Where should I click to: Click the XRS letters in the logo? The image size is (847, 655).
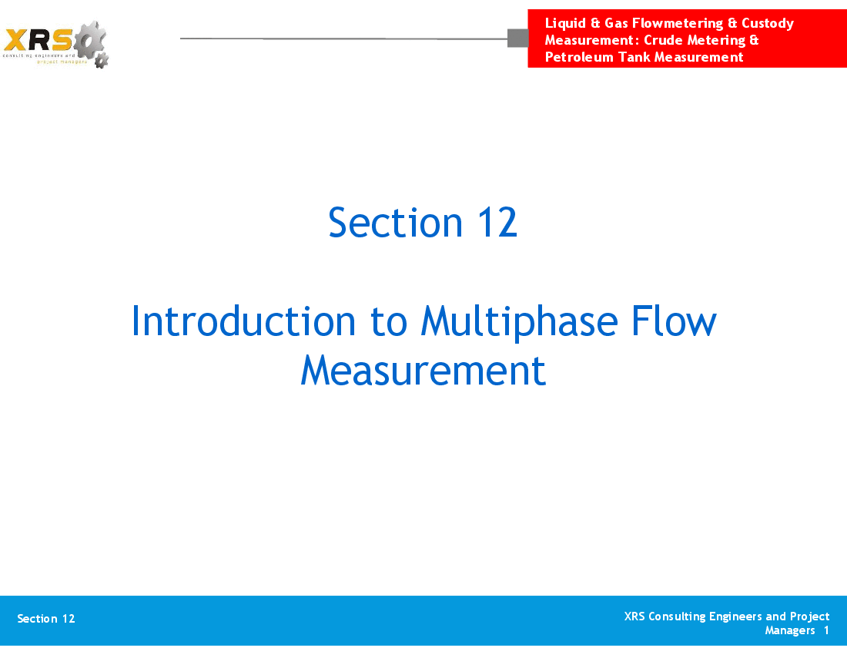tap(38, 40)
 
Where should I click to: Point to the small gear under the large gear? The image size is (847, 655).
tap(101, 61)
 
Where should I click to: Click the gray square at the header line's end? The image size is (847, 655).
tap(518, 39)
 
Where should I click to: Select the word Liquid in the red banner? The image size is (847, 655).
tap(565, 23)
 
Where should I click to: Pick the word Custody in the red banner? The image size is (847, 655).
tap(768, 23)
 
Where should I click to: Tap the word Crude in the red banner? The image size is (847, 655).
tap(663, 40)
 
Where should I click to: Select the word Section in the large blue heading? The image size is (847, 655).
tap(396, 222)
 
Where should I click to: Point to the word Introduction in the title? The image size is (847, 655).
tap(243, 321)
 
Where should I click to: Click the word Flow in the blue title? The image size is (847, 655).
tap(674, 321)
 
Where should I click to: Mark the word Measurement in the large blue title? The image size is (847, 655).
tap(423, 371)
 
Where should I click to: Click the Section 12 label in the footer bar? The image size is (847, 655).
tap(46, 619)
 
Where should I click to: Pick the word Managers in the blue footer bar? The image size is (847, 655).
tap(790, 630)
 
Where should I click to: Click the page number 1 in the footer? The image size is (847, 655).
tap(826, 630)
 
